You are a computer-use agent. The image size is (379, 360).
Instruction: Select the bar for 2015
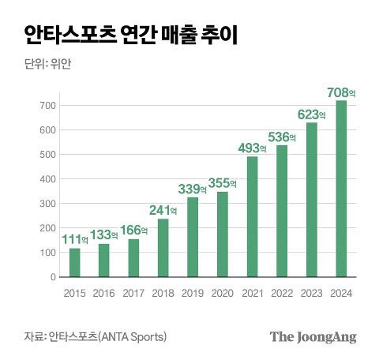pyautogui.click(x=75, y=263)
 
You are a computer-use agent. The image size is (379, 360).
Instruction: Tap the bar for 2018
pyautogui.click(x=163, y=248)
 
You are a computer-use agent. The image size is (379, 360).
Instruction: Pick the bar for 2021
pyautogui.click(x=252, y=216)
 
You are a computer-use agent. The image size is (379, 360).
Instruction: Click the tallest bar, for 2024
pyautogui.click(x=341, y=189)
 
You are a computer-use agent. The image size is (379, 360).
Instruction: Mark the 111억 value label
pyautogui.click(x=75, y=238)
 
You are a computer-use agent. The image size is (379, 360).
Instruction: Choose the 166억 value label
pyautogui.click(x=134, y=230)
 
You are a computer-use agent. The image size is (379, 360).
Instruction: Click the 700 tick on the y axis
pyautogui.click(x=48, y=106)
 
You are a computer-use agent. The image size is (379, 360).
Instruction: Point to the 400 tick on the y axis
pyautogui.click(x=48, y=179)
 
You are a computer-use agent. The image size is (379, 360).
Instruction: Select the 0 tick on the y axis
pyautogui.click(x=53, y=277)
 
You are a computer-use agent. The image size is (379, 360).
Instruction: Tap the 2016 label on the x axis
pyautogui.click(x=104, y=293)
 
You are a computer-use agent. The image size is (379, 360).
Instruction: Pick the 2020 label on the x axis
pyautogui.click(x=223, y=293)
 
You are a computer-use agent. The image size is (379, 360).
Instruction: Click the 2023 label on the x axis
pyautogui.click(x=312, y=293)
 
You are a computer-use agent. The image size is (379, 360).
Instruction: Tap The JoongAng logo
pyautogui.click(x=313, y=337)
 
